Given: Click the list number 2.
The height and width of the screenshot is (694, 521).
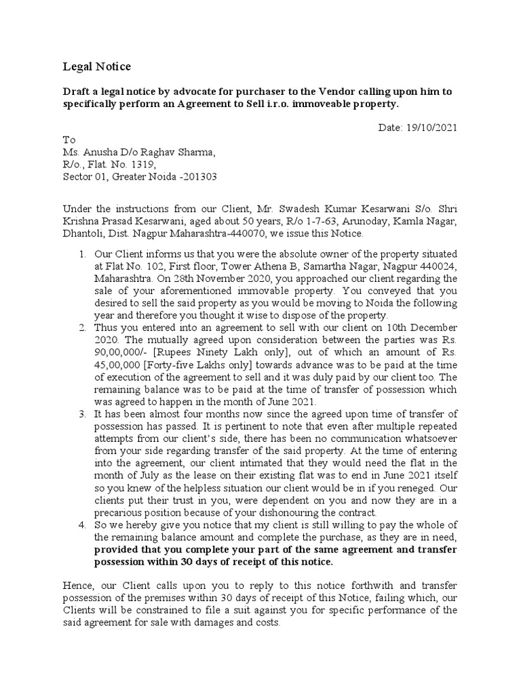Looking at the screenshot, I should [81, 328].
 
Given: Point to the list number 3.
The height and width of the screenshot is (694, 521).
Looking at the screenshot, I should [81, 414].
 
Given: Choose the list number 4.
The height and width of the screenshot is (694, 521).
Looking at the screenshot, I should [81, 525].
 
